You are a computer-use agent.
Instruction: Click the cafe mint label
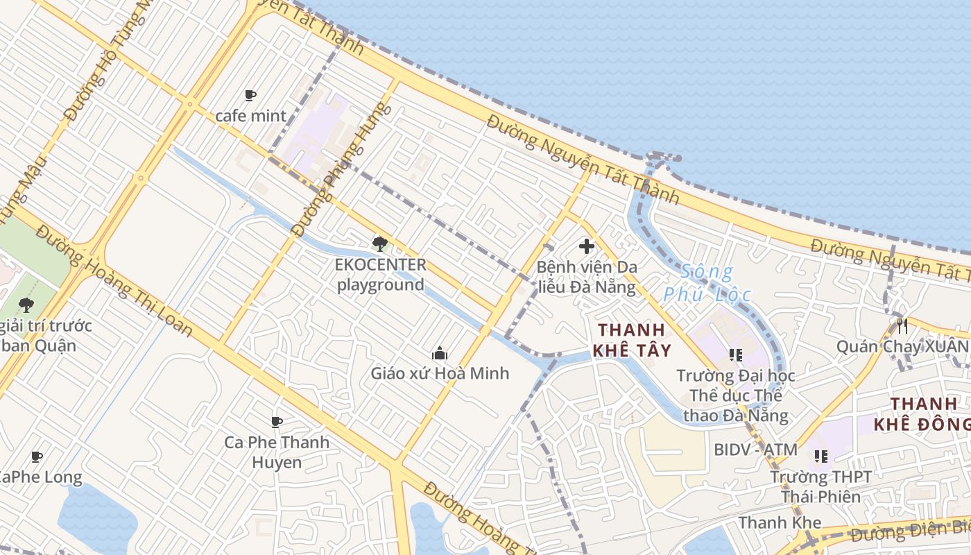point(250,115)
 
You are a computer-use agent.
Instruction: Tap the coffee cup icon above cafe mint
point(250,95)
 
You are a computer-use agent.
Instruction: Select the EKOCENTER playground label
point(380,275)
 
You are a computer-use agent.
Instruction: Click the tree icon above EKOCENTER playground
point(379,244)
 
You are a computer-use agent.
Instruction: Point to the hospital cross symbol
point(587,246)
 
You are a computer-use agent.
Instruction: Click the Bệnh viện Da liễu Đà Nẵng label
point(587,277)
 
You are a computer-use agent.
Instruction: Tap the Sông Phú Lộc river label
point(707,283)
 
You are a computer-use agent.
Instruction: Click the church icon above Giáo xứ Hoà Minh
point(439,354)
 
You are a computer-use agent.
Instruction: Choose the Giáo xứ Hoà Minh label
point(440,373)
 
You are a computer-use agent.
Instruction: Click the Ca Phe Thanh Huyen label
point(277,452)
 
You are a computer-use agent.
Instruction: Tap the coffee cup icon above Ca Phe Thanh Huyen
point(277,422)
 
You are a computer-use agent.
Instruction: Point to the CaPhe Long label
point(38,477)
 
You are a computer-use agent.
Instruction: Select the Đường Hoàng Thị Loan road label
point(114,281)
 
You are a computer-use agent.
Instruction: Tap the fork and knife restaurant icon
point(902,325)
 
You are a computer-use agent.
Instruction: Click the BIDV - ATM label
point(756,450)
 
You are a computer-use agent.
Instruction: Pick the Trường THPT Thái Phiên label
point(821,486)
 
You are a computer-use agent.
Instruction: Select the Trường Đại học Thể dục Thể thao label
point(736,395)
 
